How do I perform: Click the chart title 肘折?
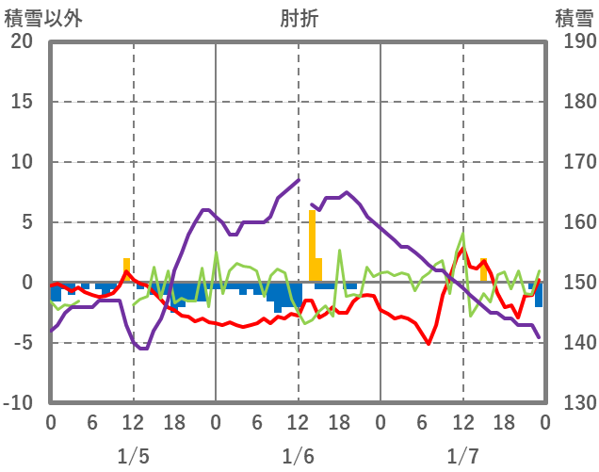click(299, 17)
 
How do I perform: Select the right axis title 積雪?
click(573, 17)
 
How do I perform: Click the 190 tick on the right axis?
click(574, 41)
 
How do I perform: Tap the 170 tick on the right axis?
click(574, 162)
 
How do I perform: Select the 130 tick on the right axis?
click(574, 403)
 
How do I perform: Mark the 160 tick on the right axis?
click(574, 222)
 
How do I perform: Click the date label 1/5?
click(133, 456)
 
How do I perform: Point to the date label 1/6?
click(298, 456)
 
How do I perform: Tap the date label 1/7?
click(462, 456)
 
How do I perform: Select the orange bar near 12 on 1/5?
click(126, 270)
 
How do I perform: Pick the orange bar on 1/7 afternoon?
click(483, 271)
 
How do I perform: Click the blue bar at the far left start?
click(57, 291)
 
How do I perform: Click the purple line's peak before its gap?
click(298, 180)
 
